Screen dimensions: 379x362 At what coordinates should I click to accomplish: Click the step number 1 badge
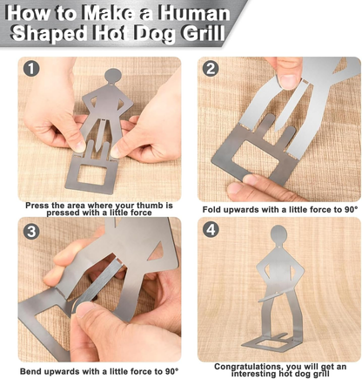click(x=31, y=68)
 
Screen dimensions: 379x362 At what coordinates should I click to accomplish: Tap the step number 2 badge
click(x=211, y=69)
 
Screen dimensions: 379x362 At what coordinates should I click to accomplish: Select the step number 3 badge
click(x=31, y=231)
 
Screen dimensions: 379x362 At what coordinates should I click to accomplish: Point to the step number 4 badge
click(x=211, y=231)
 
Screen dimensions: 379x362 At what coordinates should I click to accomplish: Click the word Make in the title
click(x=108, y=13)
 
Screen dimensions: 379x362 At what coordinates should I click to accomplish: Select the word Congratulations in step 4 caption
click(x=248, y=367)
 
